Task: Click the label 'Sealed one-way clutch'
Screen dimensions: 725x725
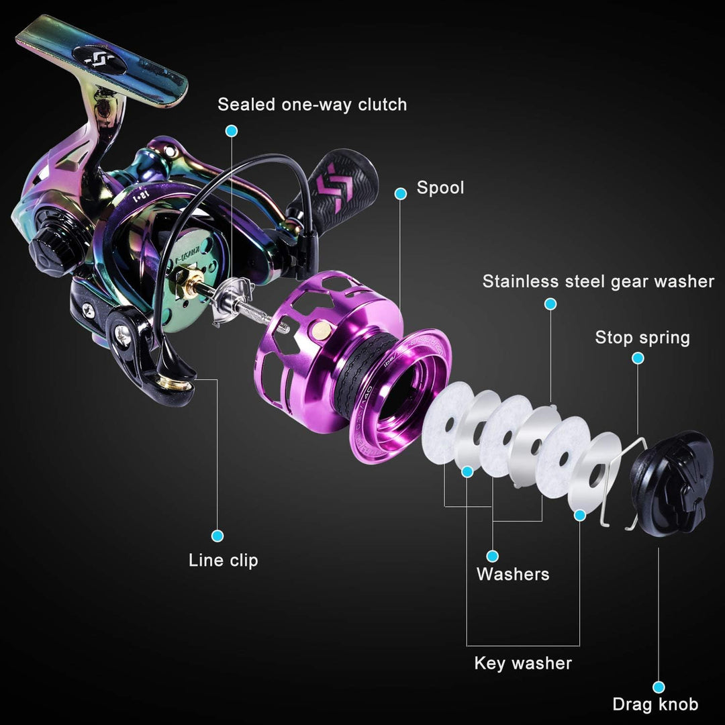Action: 312,105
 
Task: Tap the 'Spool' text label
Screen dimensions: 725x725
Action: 440,187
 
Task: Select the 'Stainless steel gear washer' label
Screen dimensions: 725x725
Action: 598,281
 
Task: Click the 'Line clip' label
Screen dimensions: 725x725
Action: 224,560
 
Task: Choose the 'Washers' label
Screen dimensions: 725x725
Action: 513,574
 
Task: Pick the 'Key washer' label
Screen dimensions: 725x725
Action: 523,663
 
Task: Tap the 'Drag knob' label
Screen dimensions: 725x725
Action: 655,704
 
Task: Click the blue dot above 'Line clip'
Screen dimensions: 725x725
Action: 217,536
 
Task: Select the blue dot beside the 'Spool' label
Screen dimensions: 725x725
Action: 401,194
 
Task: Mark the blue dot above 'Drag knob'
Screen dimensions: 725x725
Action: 659,686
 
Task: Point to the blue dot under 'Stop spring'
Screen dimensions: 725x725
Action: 638,358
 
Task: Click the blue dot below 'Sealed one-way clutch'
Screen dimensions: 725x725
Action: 232,130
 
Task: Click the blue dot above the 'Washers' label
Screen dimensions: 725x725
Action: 492,556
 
